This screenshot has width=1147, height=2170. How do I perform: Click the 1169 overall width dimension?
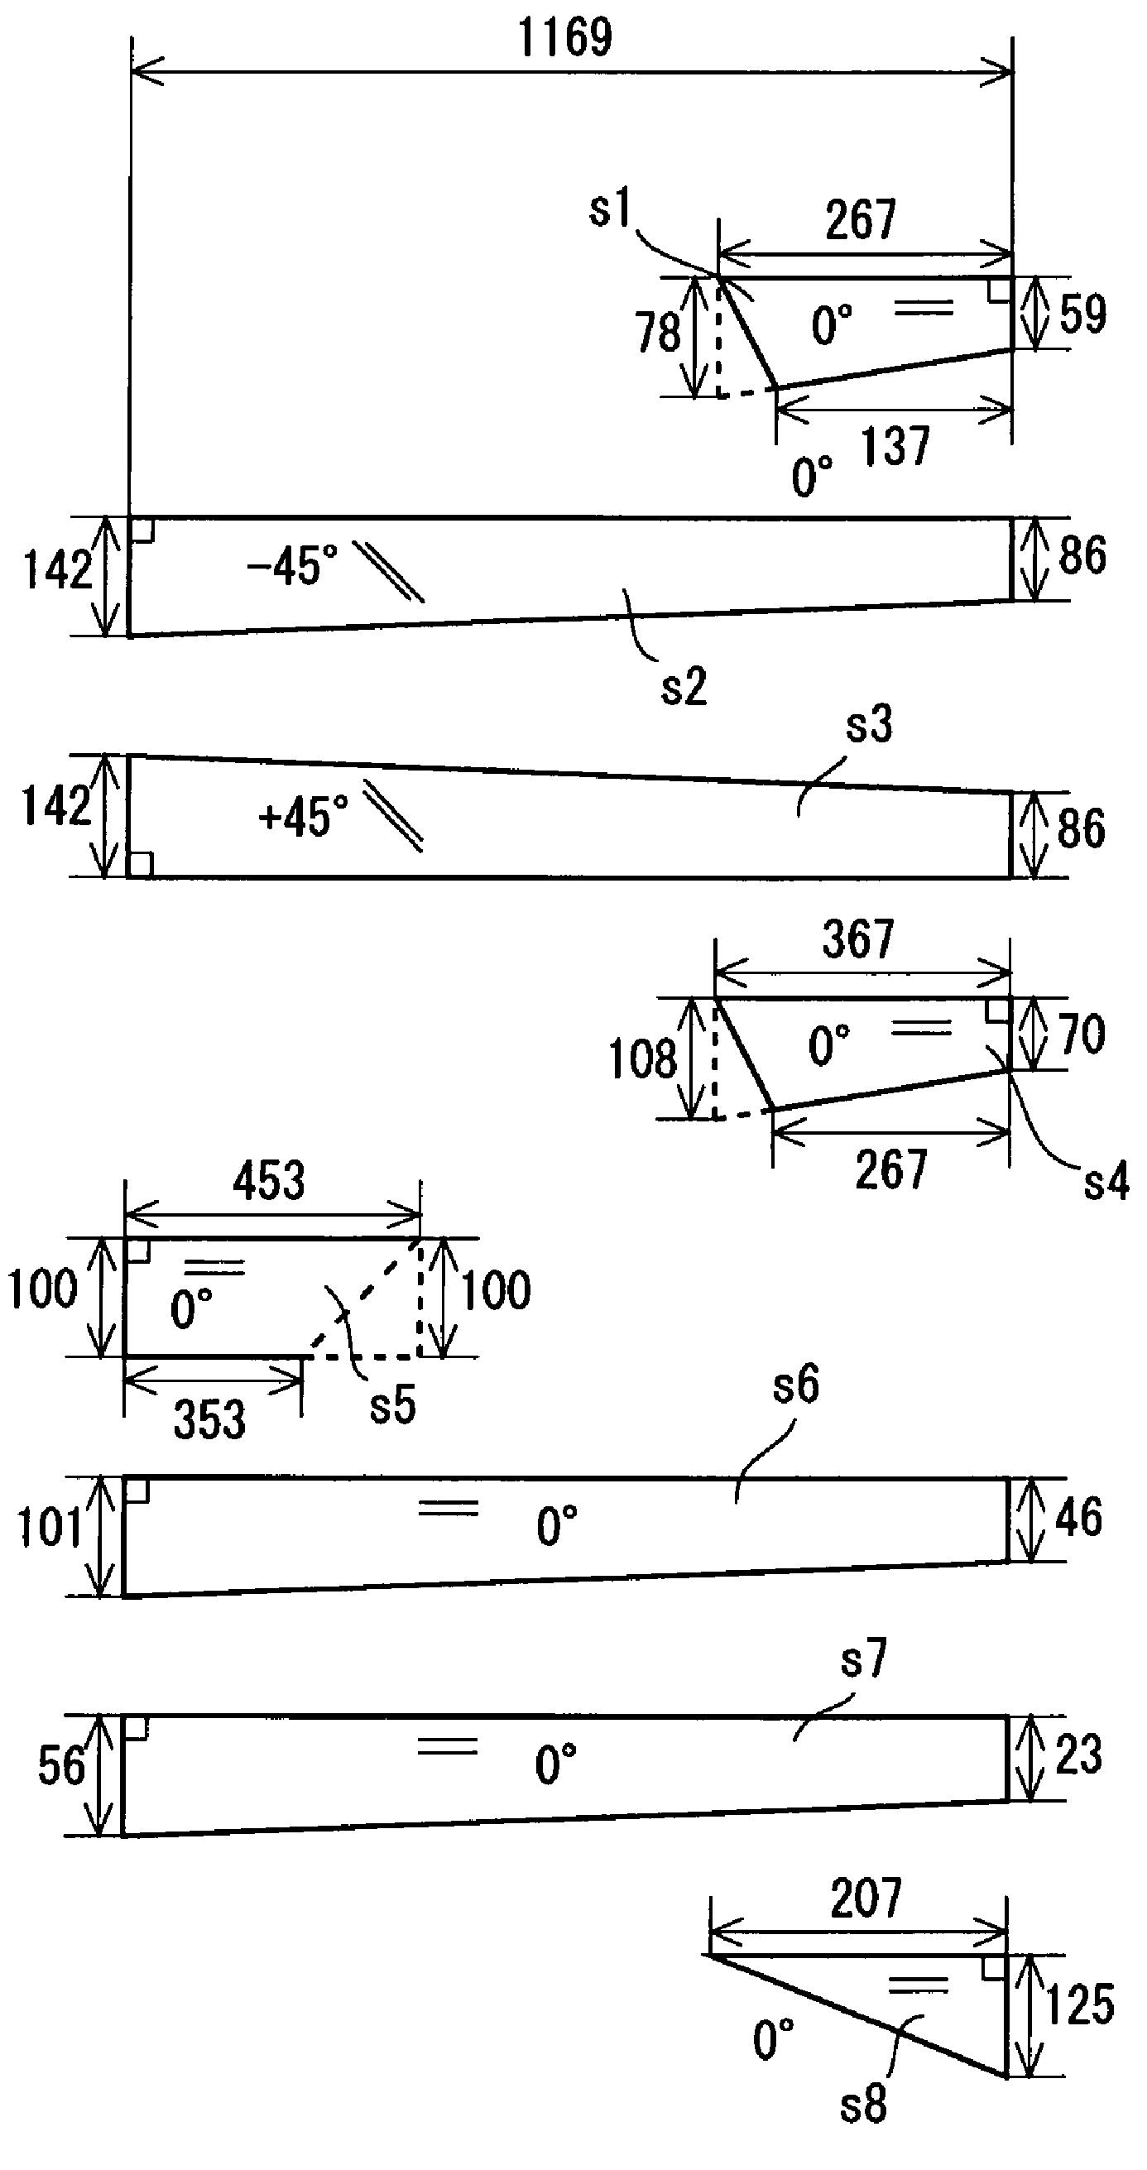[565, 39]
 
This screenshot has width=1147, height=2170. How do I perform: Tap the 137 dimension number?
[895, 445]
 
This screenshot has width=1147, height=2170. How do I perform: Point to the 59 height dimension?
[1082, 314]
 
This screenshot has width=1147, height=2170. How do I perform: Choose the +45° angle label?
[304, 816]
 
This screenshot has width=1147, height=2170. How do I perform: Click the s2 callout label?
[684, 687]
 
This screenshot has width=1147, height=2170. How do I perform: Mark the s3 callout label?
[869, 724]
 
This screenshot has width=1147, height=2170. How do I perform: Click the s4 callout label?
[1106, 1182]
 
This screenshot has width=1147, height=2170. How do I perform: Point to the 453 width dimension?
[270, 1180]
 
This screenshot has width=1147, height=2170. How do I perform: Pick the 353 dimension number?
[209, 1419]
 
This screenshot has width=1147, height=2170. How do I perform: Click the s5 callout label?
[393, 1406]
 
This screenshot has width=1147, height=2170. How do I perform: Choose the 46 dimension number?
[1079, 1517]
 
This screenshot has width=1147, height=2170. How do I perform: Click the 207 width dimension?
[865, 1898]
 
